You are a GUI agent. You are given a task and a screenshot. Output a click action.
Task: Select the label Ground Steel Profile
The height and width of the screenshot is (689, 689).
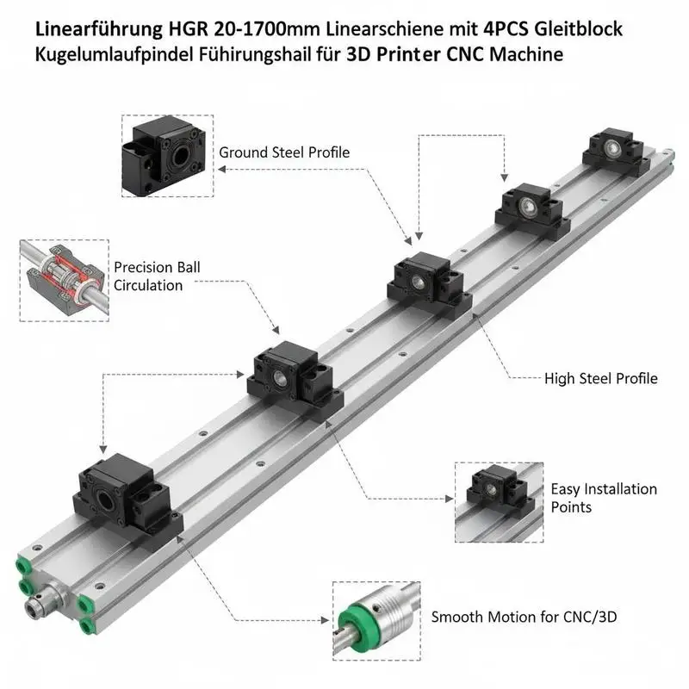coord(284,152)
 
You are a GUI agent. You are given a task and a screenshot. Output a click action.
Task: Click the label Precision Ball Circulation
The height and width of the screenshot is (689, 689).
coord(157,276)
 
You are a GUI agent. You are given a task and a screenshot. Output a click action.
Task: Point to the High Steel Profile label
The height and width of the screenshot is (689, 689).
coord(600,378)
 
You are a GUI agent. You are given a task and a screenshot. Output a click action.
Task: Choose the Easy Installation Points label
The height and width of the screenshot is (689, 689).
coord(604,498)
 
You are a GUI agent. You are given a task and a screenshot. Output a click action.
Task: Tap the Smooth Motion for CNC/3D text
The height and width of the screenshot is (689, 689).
coord(524,617)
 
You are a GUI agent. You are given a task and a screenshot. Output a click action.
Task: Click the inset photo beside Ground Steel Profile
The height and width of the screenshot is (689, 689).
coord(167,156)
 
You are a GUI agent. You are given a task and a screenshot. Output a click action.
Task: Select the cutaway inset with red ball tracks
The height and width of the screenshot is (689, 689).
coord(64,281)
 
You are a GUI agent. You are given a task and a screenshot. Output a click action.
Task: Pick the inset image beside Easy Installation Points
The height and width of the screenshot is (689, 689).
coord(499,502)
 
